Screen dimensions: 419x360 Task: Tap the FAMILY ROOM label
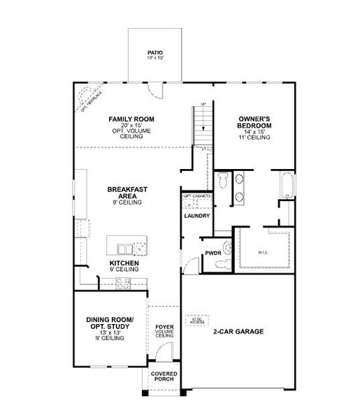coord(131,119)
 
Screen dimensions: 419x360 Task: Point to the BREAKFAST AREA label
coord(127,193)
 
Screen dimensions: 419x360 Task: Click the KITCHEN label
coord(124,263)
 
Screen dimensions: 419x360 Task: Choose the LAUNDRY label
coord(197,216)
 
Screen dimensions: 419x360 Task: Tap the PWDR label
coord(213,253)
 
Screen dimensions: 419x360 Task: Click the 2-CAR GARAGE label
coord(239,332)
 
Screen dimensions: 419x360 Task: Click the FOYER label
coord(164,325)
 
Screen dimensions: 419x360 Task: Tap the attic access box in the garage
coord(196,320)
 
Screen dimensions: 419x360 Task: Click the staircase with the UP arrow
coord(203,126)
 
